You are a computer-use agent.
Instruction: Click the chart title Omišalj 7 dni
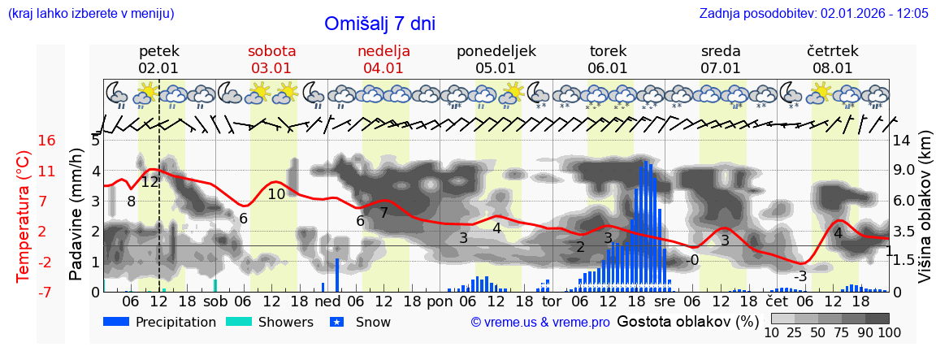pos(379,24)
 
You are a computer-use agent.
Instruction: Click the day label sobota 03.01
pos(271,59)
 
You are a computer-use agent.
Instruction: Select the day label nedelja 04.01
pos(383,59)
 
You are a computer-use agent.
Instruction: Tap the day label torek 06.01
pos(608,59)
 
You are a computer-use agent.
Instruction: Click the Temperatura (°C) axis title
pos(24,216)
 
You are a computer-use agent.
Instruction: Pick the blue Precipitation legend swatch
pos(117,322)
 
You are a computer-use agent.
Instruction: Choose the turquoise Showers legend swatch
pos(239,322)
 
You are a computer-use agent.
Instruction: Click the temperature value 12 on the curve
pos(149,182)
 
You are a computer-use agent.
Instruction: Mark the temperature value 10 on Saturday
pos(276,193)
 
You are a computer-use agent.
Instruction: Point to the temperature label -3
pos(800,276)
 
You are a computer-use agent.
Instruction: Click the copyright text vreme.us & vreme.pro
pos(540,323)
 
